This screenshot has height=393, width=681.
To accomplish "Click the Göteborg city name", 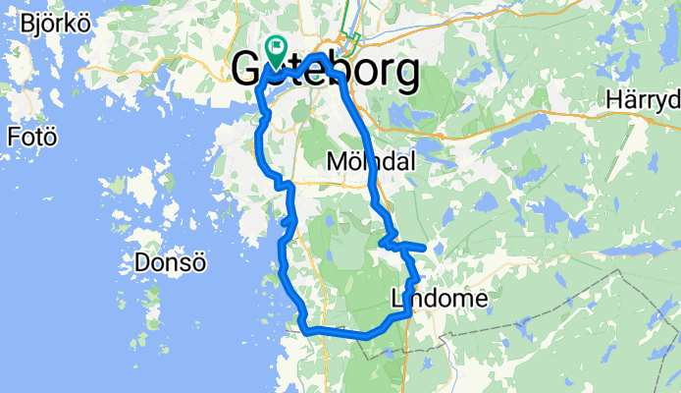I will tap(326, 71).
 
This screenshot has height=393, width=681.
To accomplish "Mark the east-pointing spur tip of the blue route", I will tap(423, 246).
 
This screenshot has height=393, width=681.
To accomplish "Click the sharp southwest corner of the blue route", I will tap(303, 329).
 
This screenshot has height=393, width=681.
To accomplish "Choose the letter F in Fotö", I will tap(13, 136).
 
